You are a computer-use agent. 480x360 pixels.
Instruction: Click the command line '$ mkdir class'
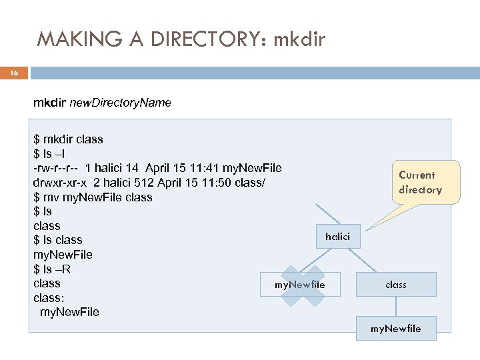pyautogui.click(x=68, y=140)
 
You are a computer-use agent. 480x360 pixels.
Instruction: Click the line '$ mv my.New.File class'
pyautogui.click(x=93, y=197)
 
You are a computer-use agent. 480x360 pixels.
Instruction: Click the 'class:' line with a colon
pyautogui.click(x=48, y=298)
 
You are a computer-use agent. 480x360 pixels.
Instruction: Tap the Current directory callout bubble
pyautogui.click(x=420, y=183)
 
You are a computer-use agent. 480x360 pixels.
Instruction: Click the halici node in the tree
pyautogui.click(x=337, y=237)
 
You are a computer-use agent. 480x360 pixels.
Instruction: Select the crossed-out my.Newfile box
pyautogui.click(x=300, y=285)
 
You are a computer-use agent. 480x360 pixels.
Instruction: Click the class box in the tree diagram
pyautogui.click(x=396, y=285)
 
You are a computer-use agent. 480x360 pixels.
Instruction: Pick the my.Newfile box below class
pyautogui.click(x=396, y=328)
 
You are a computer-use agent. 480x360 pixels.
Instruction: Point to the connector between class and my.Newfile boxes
pyautogui.click(x=396, y=306)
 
